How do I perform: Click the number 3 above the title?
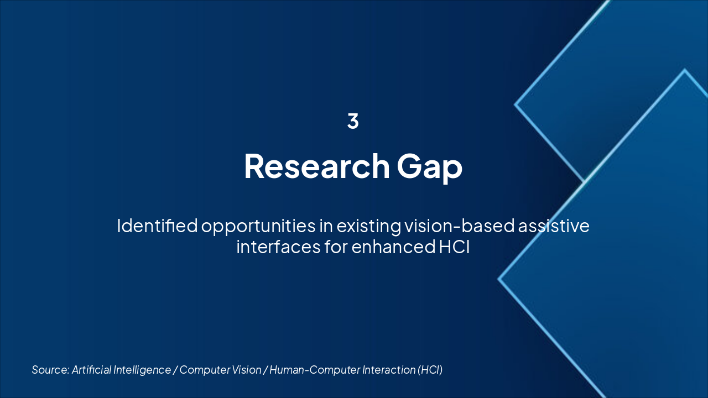click(353, 121)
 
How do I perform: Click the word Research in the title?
click(317, 166)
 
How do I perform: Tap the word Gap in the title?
click(430, 168)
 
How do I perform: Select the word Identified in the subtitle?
click(158, 226)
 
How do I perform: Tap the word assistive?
click(554, 226)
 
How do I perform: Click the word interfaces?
click(278, 247)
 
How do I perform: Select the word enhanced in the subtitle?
click(393, 247)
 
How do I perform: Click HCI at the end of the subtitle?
click(455, 247)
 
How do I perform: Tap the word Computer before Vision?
click(205, 370)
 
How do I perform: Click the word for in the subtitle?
click(336, 247)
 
